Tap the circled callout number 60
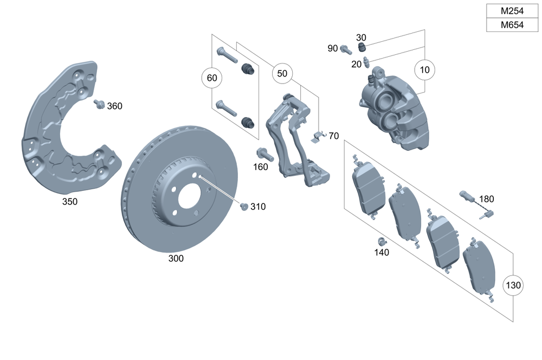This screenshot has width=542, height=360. (x=212, y=78)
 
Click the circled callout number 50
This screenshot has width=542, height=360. (x=282, y=74)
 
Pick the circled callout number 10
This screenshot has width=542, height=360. (x=424, y=70)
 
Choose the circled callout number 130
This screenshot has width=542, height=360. (x=513, y=285)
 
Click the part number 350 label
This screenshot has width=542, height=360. (x=70, y=202)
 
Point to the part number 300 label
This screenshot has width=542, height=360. (x=176, y=259)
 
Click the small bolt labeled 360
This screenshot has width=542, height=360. (x=99, y=104)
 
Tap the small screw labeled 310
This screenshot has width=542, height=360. (x=244, y=206)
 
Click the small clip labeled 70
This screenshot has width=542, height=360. (x=318, y=136)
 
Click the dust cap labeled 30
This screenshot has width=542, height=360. (x=363, y=49)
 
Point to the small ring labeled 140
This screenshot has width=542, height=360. (x=380, y=241)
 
